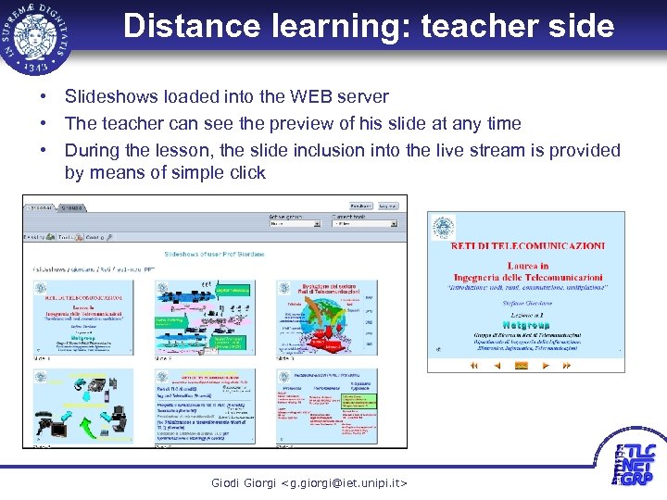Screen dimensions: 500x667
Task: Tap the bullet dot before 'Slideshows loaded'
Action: [43, 96]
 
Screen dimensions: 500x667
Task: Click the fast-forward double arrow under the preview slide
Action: [571, 366]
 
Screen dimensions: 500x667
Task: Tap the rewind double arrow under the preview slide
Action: [472, 366]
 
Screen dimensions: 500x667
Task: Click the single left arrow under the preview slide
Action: [497, 366]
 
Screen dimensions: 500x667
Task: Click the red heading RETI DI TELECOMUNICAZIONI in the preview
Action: [528, 245]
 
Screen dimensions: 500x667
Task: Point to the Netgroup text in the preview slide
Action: [526, 325]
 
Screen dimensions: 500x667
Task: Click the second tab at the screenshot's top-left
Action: [70, 207]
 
